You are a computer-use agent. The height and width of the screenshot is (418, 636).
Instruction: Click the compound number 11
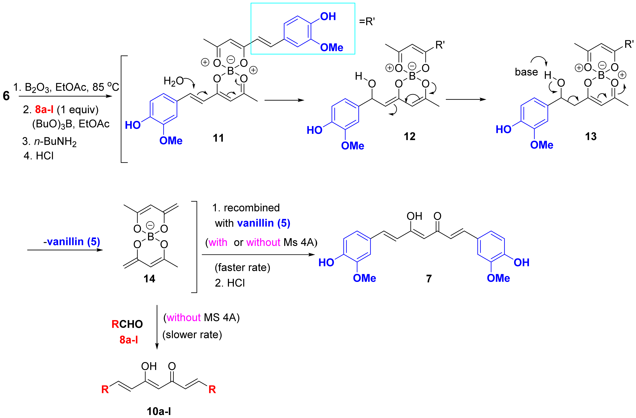(x=218, y=138)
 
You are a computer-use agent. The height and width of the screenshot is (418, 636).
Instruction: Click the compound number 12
(x=409, y=137)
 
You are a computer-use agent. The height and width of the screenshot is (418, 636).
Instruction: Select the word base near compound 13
(x=526, y=72)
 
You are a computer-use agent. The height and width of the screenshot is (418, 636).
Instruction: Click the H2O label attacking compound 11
(x=173, y=81)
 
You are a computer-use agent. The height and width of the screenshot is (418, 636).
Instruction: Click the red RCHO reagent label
(x=127, y=324)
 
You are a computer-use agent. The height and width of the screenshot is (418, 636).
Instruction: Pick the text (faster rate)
(x=242, y=267)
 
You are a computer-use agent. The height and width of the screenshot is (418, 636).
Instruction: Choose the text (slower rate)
(x=192, y=335)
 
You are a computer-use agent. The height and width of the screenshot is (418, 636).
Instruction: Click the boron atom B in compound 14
(x=150, y=237)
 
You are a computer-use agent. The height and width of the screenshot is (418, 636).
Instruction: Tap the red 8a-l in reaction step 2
(x=44, y=109)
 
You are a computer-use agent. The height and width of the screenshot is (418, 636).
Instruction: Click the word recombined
(x=251, y=208)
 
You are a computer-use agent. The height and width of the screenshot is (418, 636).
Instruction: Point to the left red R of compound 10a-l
(x=105, y=390)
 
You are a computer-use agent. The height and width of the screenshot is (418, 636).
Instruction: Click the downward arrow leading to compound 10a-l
(x=157, y=326)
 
